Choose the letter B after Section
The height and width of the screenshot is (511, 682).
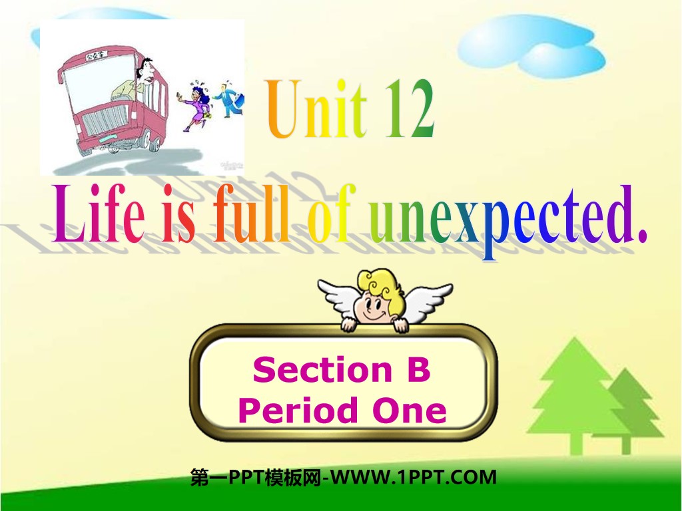tap(419, 370)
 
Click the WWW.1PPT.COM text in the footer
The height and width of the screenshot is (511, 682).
tap(413, 477)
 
